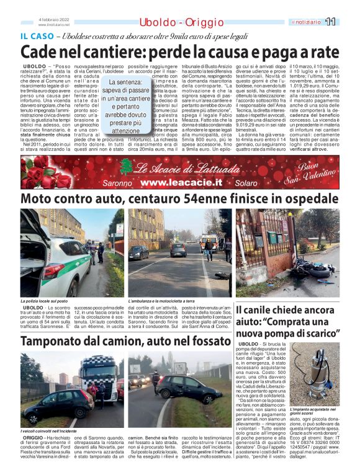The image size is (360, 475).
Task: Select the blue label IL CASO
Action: tap(35, 35)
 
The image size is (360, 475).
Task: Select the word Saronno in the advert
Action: tap(117, 184)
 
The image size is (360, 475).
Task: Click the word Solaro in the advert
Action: tap(246, 184)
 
